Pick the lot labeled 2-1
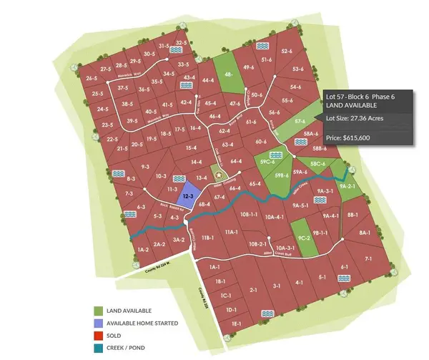253,290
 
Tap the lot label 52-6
287,52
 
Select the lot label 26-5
92,78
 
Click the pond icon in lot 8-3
119,172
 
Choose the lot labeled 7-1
369,258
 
